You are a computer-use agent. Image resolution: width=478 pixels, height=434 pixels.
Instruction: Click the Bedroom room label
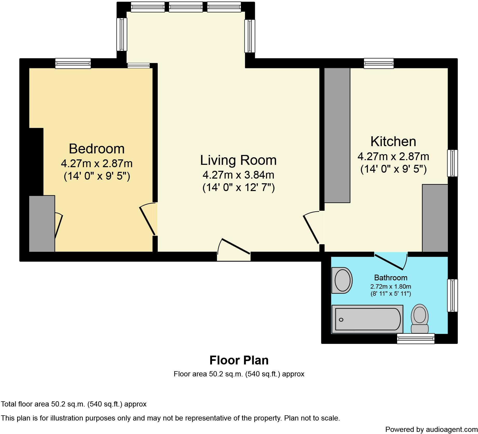pos(97,149)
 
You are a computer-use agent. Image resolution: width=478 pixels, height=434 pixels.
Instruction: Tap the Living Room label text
pos(238,160)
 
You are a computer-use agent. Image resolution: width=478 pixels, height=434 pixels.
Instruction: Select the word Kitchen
pos(393,142)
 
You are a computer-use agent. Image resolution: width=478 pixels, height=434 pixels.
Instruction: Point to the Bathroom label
pos(390,278)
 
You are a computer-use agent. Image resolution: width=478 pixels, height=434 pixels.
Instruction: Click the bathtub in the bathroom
pos(367,319)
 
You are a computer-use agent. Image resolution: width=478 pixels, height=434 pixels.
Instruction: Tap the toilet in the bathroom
pos(420,318)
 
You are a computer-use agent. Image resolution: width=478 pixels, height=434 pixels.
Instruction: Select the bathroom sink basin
pos(342,280)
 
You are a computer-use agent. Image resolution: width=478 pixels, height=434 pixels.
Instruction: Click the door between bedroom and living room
pos(148,219)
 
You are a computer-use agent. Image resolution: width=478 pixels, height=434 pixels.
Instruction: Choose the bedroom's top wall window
pos(73,63)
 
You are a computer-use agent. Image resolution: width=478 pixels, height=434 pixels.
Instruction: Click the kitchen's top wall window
pos(379,63)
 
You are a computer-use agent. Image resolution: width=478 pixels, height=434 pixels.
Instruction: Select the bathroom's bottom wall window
pos(416,339)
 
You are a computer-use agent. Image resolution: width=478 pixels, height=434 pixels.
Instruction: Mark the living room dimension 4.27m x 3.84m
pos(238,175)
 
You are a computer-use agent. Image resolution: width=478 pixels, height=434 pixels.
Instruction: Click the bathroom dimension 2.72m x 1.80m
pos(390,287)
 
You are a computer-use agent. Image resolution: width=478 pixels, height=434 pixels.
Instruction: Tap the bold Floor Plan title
pos(239,360)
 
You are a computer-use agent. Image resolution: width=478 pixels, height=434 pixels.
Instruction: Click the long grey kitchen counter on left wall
pos(337,135)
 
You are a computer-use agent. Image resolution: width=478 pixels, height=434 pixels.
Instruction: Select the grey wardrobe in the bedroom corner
pos(42,224)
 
